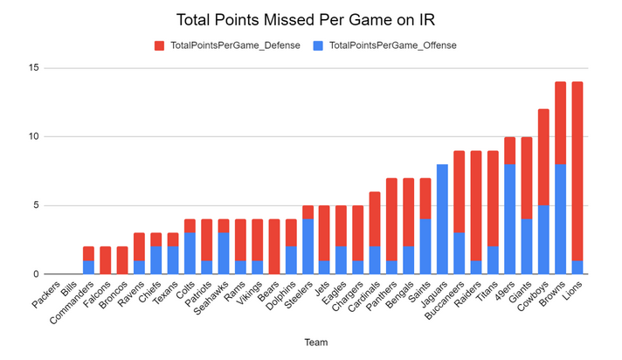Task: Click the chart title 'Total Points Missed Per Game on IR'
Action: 310,18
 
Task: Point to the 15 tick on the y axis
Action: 33,68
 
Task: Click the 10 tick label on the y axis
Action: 33,137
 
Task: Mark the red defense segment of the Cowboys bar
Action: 543,157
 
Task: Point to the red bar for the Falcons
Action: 105,260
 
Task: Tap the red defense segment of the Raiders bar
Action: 475,205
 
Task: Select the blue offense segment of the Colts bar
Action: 190,253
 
